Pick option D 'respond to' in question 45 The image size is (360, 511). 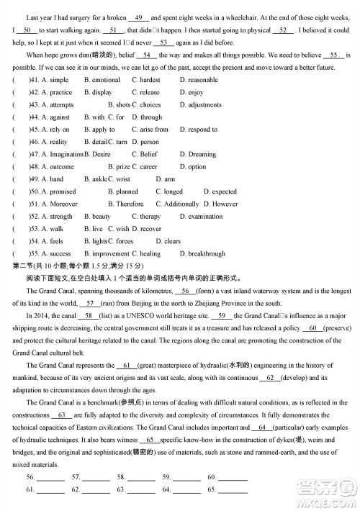[202, 130]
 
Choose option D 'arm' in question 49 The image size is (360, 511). [169, 179]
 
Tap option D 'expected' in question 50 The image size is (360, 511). [224, 191]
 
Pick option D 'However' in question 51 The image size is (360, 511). [225, 204]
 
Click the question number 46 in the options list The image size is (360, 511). [33, 142]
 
